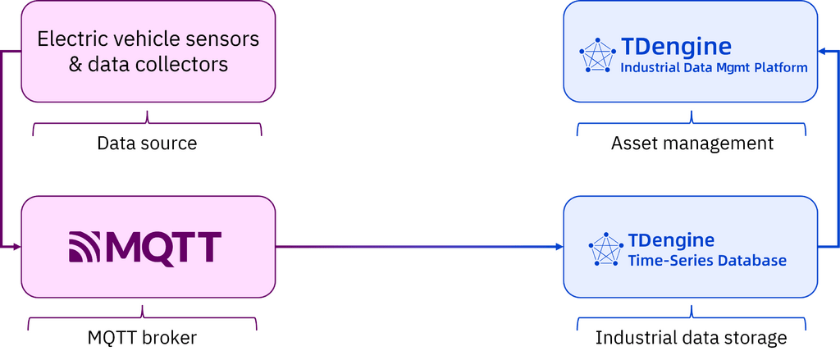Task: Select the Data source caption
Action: point(147,144)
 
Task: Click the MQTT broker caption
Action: point(144,337)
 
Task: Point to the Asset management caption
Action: point(692,144)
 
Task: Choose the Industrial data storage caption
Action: point(691,337)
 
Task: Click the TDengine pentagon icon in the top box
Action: point(597,55)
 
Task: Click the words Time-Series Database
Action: point(707,261)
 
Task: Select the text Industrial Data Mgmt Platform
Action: point(714,68)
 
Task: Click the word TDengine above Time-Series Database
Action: point(671,240)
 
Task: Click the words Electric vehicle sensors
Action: point(148,39)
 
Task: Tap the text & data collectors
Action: point(148,63)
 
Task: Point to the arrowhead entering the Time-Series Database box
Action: point(557,245)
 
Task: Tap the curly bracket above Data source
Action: point(147,124)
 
